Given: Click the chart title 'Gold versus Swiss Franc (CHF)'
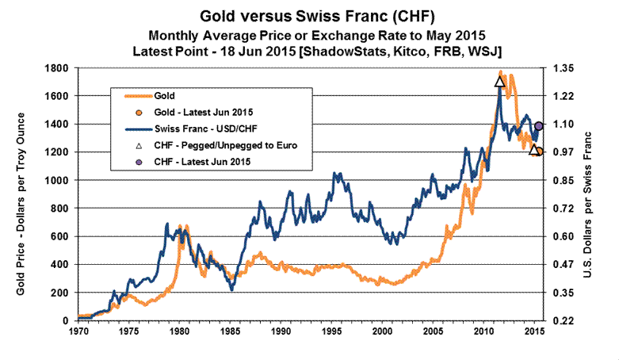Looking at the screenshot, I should (309, 16).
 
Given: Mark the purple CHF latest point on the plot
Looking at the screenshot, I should (539, 126).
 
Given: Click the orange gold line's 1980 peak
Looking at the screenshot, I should (180, 227).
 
